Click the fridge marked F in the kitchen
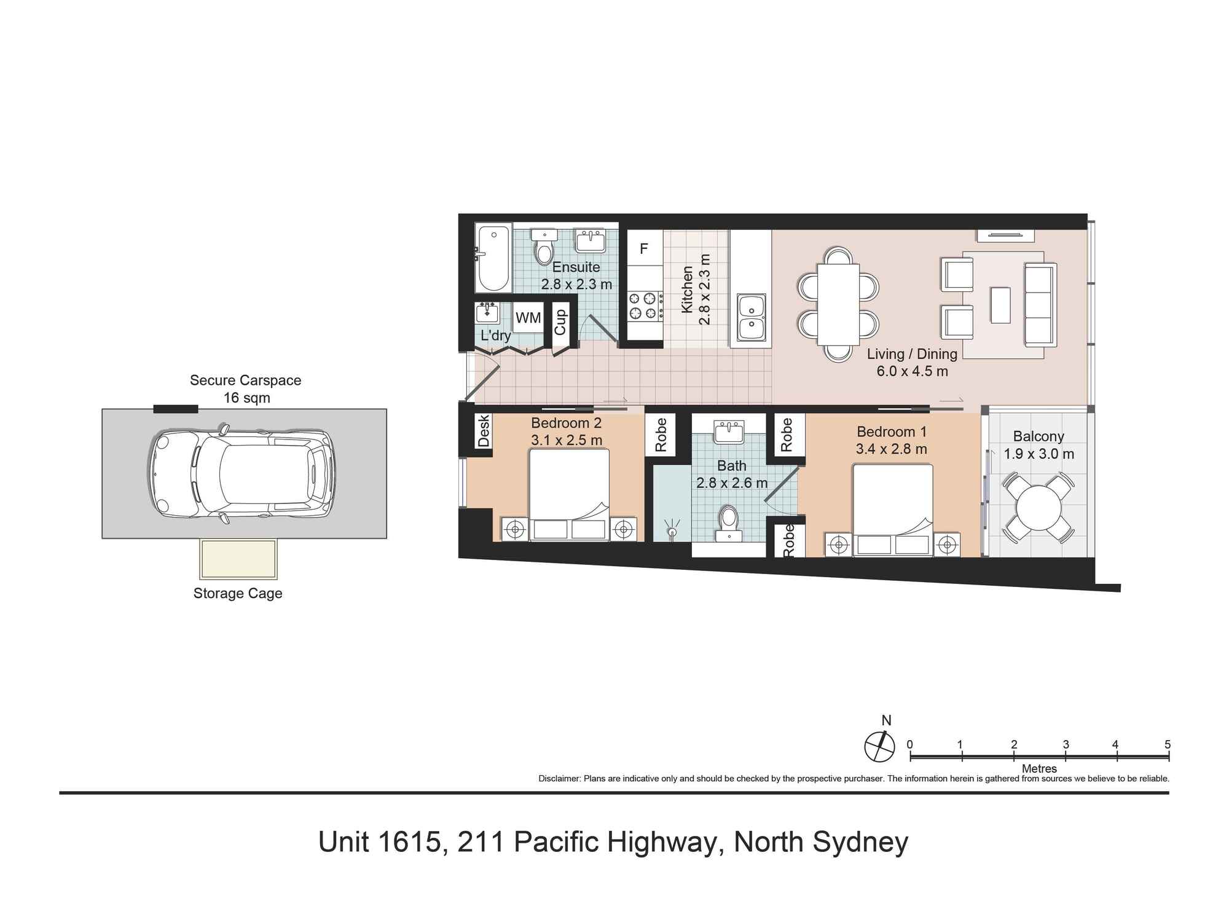[x=644, y=248]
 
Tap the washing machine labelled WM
[x=528, y=318]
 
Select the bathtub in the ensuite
[x=493, y=259]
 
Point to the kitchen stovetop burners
[x=643, y=306]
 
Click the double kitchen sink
[x=751, y=317]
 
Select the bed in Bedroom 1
[x=892, y=510]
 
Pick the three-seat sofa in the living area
[x=1040, y=305]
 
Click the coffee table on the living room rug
[x=1000, y=305]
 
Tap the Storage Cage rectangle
[x=238, y=559]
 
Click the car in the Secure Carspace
[x=241, y=473]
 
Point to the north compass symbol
[x=880, y=747]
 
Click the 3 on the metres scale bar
[x=1066, y=744]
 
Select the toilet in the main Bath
[x=729, y=522]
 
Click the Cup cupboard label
[x=560, y=321]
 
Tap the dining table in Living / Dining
[x=838, y=305]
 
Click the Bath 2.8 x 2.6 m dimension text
[x=731, y=483]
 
